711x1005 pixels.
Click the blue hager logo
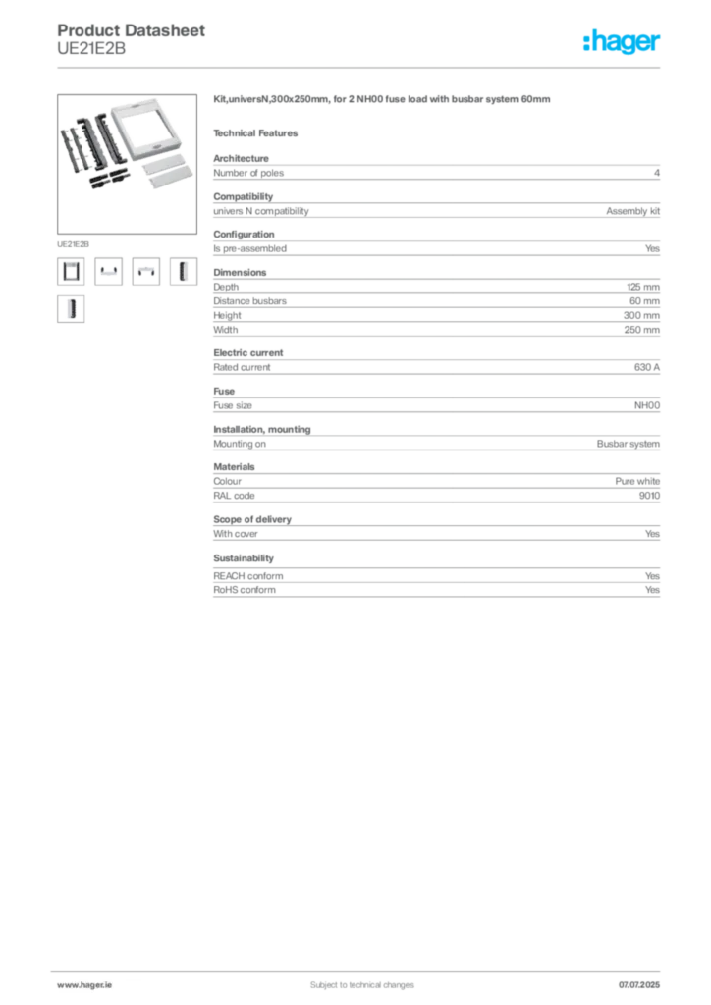pos(623,42)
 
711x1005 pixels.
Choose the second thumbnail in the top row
pos(108,271)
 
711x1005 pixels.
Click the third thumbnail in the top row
pos(145,271)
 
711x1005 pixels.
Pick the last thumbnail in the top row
pos(183,271)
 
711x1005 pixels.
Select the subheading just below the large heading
pos(259,132)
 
